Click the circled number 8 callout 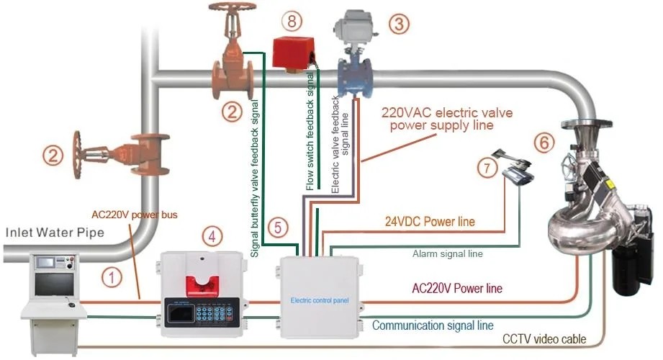pos(291,21)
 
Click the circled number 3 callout pos(400,24)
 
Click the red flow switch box pos(291,53)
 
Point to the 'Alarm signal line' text pos(447,253)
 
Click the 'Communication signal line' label pos(433,325)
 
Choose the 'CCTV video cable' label pos(545,338)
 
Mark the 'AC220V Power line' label pos(456,289)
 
